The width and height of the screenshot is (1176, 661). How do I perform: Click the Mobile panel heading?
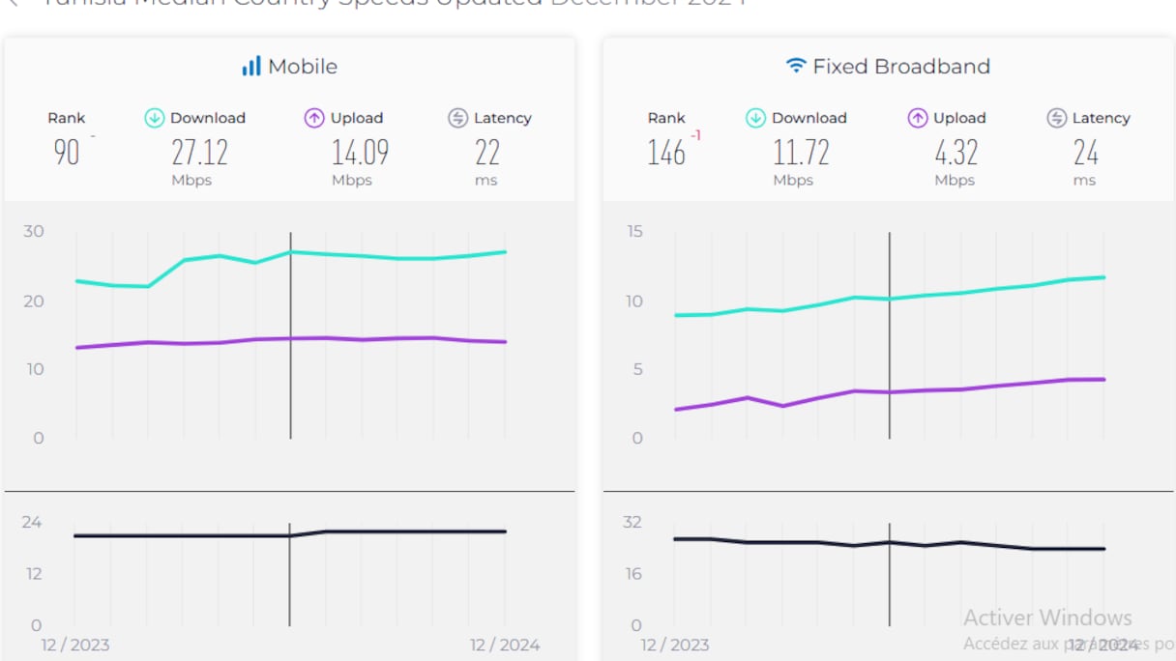(x=302, y=67)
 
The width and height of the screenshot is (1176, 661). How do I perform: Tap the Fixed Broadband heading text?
(x=901, y=67)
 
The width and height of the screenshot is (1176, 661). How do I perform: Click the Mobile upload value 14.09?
(x=360, y=152)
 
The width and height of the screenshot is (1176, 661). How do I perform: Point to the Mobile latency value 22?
(x=486, y=152)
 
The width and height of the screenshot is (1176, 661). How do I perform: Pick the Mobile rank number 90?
(x=67, y=152)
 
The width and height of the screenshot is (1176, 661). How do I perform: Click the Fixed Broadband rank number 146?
(x=666, y=152)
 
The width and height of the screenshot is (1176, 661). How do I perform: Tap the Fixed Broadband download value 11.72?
(x=801, y=152)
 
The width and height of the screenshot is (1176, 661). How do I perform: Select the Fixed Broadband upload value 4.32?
(x=955, y=152)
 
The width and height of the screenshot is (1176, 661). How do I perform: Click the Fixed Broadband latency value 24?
(x=1085, y=152)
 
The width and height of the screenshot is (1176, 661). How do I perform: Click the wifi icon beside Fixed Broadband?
(x=796, y=66)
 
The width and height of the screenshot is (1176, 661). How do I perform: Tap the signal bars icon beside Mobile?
(x=251, y=66)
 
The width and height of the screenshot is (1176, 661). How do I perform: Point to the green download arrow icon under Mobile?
(x=155, y=118)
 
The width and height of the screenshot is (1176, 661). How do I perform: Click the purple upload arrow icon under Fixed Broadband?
(x=918, y=118)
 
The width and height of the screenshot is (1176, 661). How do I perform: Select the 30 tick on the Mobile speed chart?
(x=34, y=231)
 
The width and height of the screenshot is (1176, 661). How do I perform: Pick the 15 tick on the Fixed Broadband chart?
(x=633, y=231)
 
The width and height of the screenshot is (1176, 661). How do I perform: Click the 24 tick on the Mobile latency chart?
(x=32, y=522)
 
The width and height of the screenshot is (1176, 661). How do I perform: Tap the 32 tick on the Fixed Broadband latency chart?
(x=632, y=522)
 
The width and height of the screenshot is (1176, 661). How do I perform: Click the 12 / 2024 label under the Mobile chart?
(x=505, y=645)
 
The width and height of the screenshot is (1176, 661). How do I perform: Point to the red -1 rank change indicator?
(x=695, y=135)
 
